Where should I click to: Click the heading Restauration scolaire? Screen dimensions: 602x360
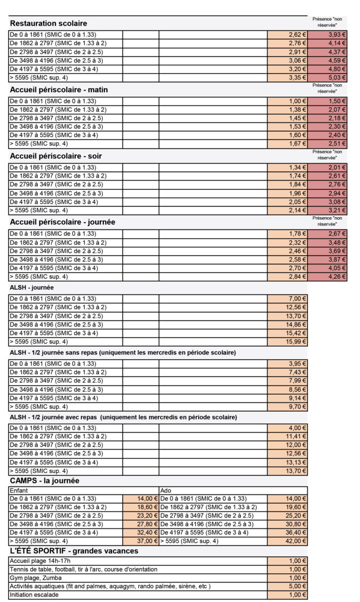tap(48, 23)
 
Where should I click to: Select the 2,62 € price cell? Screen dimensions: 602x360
tap(287, 34)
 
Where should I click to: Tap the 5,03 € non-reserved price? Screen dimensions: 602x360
tap(328, 78)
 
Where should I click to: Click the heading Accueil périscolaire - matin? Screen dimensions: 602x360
tap(59, 90)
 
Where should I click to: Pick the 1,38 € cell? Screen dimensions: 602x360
tap(287, 110)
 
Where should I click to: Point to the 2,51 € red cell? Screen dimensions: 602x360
tap(328, 144)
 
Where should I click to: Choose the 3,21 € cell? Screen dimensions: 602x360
tap(328, 210)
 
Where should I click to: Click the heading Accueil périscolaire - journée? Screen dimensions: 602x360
tap(62, 222)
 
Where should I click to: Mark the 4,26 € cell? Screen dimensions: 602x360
tap(328, 276)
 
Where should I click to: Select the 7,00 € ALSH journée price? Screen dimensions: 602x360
tap(287, 298)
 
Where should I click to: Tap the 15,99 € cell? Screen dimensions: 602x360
tap(287, 342)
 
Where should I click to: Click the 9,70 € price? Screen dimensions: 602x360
tap(287, 406)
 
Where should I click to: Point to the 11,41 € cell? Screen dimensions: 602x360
tap(287, 436)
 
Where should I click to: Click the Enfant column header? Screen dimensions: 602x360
tap(19, 490)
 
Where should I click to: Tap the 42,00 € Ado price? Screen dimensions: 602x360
tap(287, 541)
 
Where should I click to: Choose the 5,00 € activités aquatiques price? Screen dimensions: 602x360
tap(287, 586)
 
